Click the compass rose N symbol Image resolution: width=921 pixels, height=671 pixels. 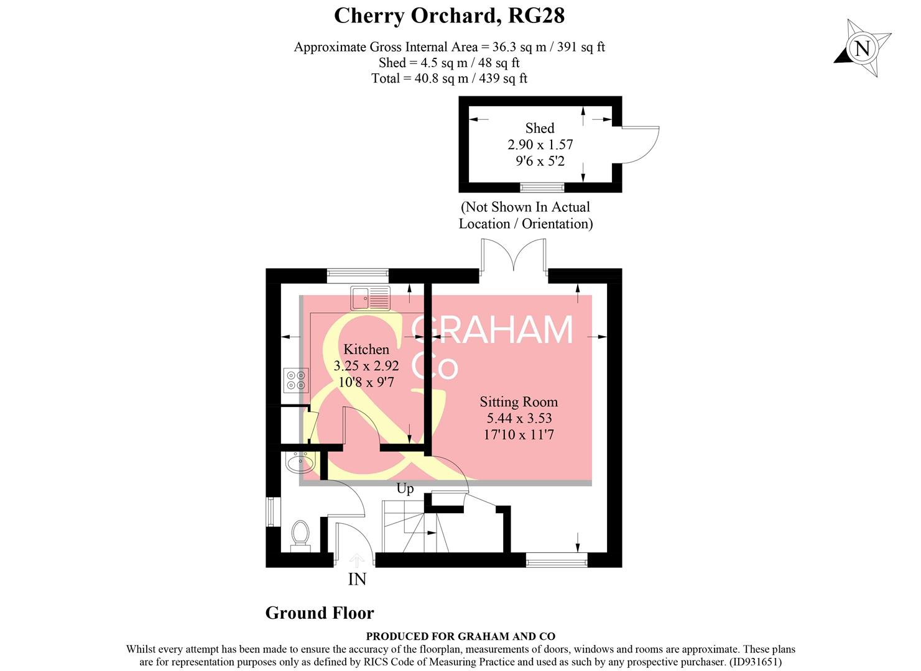[x=862, y=48]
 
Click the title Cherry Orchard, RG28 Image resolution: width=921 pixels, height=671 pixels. [x=449, y=16]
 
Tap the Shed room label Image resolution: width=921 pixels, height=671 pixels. [x=539, y=128]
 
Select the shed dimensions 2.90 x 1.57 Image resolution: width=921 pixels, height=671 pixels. [x=540, y=145]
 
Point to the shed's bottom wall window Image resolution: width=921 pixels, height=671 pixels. [x=542, y=187]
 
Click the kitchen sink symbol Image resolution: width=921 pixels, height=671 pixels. [x=370, y=298]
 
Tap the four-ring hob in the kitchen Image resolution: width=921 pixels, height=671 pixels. [x=296, y=380]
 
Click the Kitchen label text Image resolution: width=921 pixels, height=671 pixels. [x=366, y=349]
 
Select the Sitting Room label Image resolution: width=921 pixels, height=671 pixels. [x=518, y=401]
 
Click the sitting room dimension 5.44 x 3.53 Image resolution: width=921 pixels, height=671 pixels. [x=519, y=418]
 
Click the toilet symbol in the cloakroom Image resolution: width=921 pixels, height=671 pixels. [x=300, y=535]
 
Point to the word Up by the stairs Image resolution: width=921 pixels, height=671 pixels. [x=405, y=488]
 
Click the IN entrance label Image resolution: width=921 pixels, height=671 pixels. [x=357, y=579]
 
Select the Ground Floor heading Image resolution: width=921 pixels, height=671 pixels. [x=320, y=613]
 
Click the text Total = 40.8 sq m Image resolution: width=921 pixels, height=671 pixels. [x=449, y=78]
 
